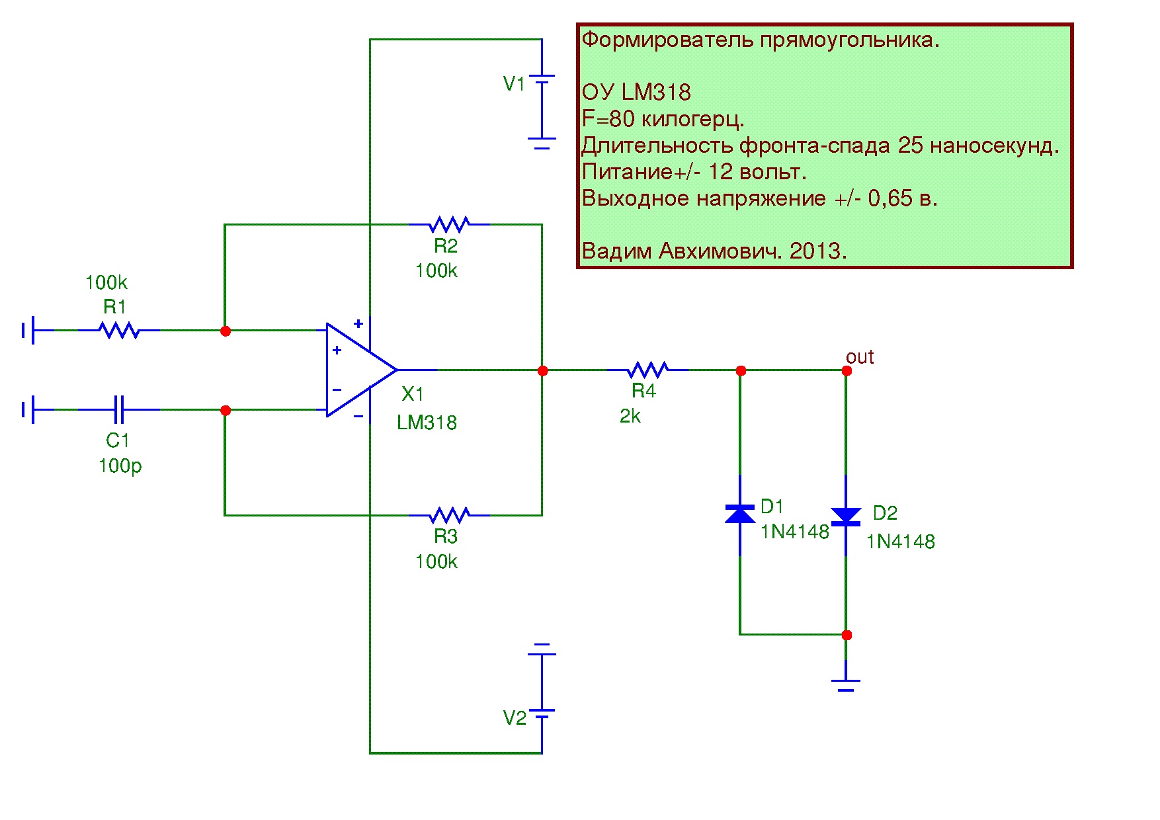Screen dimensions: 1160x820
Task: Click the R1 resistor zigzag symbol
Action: click(119, 330)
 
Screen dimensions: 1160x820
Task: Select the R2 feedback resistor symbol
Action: click(450, 224)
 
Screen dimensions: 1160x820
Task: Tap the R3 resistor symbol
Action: click(450, 515)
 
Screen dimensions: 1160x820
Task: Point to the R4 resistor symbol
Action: click(648, 370)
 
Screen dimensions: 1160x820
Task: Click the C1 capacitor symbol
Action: click(119, 409)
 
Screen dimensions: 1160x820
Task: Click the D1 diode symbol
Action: click(740, 514)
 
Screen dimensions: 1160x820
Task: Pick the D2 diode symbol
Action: click(846, 516)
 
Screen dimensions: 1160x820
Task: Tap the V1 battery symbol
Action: click(542, 83)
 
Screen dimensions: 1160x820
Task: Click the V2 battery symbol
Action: click(542, 711)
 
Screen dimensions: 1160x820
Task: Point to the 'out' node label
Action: click(860, 357)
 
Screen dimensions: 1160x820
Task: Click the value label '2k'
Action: click(630, 416)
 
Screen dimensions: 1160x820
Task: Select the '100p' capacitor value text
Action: click(120, 466)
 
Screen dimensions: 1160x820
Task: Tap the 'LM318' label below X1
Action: click(427, 423)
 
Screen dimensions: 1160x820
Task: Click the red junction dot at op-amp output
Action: click(542, 370)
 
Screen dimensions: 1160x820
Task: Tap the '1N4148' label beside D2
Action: click(901, 542)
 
